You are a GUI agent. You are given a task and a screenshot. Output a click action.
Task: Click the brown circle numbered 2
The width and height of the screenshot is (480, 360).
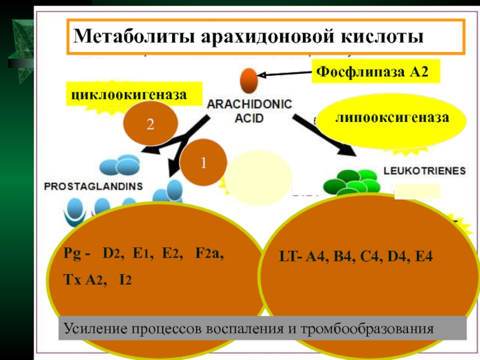pos(150,124)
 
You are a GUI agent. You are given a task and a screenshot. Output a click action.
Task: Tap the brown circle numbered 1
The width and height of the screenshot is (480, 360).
pos(203,163)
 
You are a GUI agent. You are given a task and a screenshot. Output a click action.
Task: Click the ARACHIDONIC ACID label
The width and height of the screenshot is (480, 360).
pos(249,111)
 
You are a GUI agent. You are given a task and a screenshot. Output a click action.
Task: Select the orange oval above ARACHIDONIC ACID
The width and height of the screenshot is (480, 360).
pos(248,80)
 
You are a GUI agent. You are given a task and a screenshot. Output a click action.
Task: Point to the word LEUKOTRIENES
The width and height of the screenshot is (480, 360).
pos(423,170)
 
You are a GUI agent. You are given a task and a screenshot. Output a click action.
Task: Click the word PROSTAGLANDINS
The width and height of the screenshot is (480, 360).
pos(94,187)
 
